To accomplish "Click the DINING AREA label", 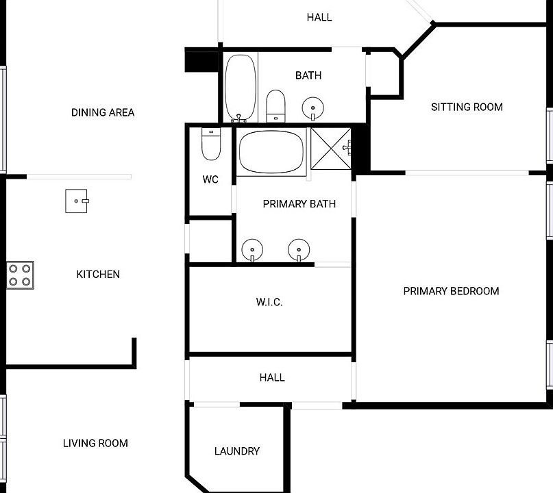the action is (x=103, y=112).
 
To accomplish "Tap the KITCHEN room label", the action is (x=98, y=274).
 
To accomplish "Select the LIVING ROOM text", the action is (x=95, y=443).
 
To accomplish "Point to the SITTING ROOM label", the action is (x=467, y=107).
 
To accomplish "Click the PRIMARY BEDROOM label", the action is (x=451, y=291).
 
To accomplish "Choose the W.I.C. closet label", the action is (x=269, y=302).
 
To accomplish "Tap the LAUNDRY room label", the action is (x=237, y=451).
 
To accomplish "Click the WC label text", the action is (x=210, y=179).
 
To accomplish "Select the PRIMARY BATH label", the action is (x=299, y=203).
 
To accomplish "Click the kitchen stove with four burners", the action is (x=20, y=275).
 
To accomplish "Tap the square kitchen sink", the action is (x=77, y=201).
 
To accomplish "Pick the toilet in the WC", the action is (x=211, y=144).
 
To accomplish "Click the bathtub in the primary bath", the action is (x=271, y=152).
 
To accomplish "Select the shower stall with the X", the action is (x=331, y=149).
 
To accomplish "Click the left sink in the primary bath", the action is (x=252, y=250).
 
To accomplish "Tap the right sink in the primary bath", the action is (x=299, y=250).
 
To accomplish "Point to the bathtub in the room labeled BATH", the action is (x=241, y=88).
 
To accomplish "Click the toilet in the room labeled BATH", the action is (x=275, y=106).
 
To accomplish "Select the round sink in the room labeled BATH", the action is (x=313, y=108).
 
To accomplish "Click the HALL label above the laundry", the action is (x=272, y=378).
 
